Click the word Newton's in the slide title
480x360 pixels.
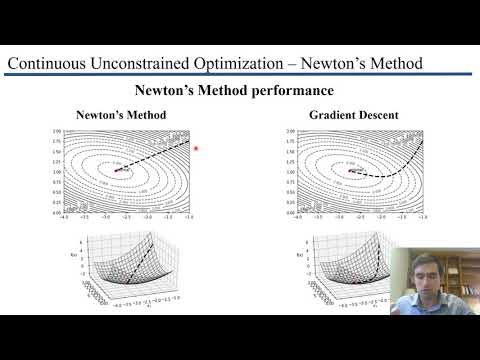329,64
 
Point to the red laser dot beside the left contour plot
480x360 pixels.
196,149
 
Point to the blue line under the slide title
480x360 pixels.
240,76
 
